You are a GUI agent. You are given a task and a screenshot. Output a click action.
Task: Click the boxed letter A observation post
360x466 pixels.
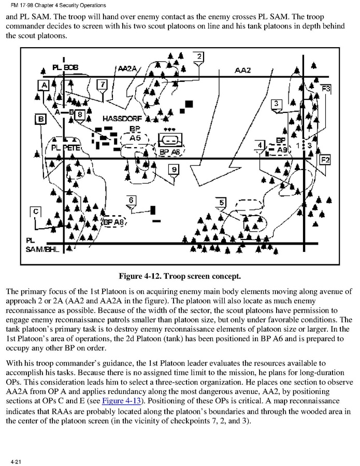(44, 84)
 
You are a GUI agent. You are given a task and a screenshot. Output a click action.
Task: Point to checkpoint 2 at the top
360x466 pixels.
(200, 57)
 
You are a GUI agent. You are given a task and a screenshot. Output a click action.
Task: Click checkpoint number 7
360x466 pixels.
(103, 84)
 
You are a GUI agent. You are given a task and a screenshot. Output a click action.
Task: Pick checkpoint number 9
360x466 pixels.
(174, 169)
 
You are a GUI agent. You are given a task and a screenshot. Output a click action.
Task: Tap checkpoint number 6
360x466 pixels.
(132, 200)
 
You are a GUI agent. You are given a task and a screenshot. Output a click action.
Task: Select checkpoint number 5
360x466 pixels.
(222, 202)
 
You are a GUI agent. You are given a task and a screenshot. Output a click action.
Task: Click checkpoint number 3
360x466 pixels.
(277, 104)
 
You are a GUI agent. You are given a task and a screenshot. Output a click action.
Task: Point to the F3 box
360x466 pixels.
(326, 89)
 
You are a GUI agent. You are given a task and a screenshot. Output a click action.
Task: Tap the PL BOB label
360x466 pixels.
(65, 68)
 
